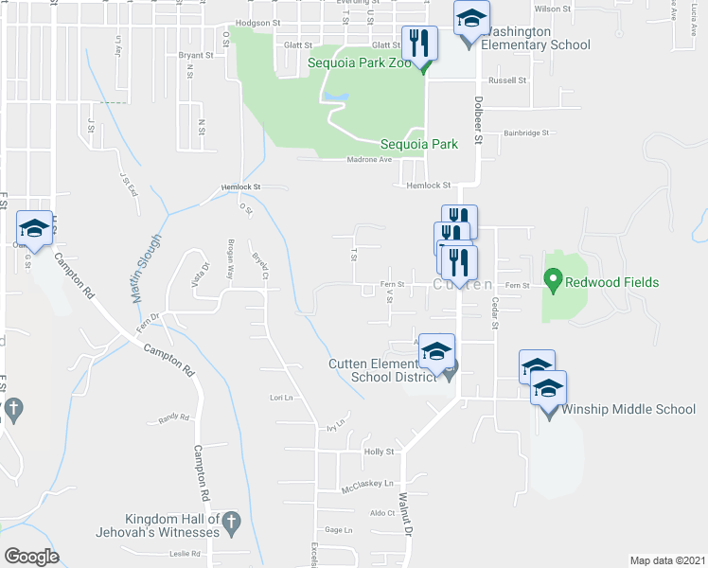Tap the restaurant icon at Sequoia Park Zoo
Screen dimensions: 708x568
419,43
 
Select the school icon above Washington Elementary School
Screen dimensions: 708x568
470,18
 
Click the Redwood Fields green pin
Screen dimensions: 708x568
552,281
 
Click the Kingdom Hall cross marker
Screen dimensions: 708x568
232,520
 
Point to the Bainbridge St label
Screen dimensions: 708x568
526,133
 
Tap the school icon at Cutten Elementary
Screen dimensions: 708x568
435,351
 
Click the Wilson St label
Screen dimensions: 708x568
548,9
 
